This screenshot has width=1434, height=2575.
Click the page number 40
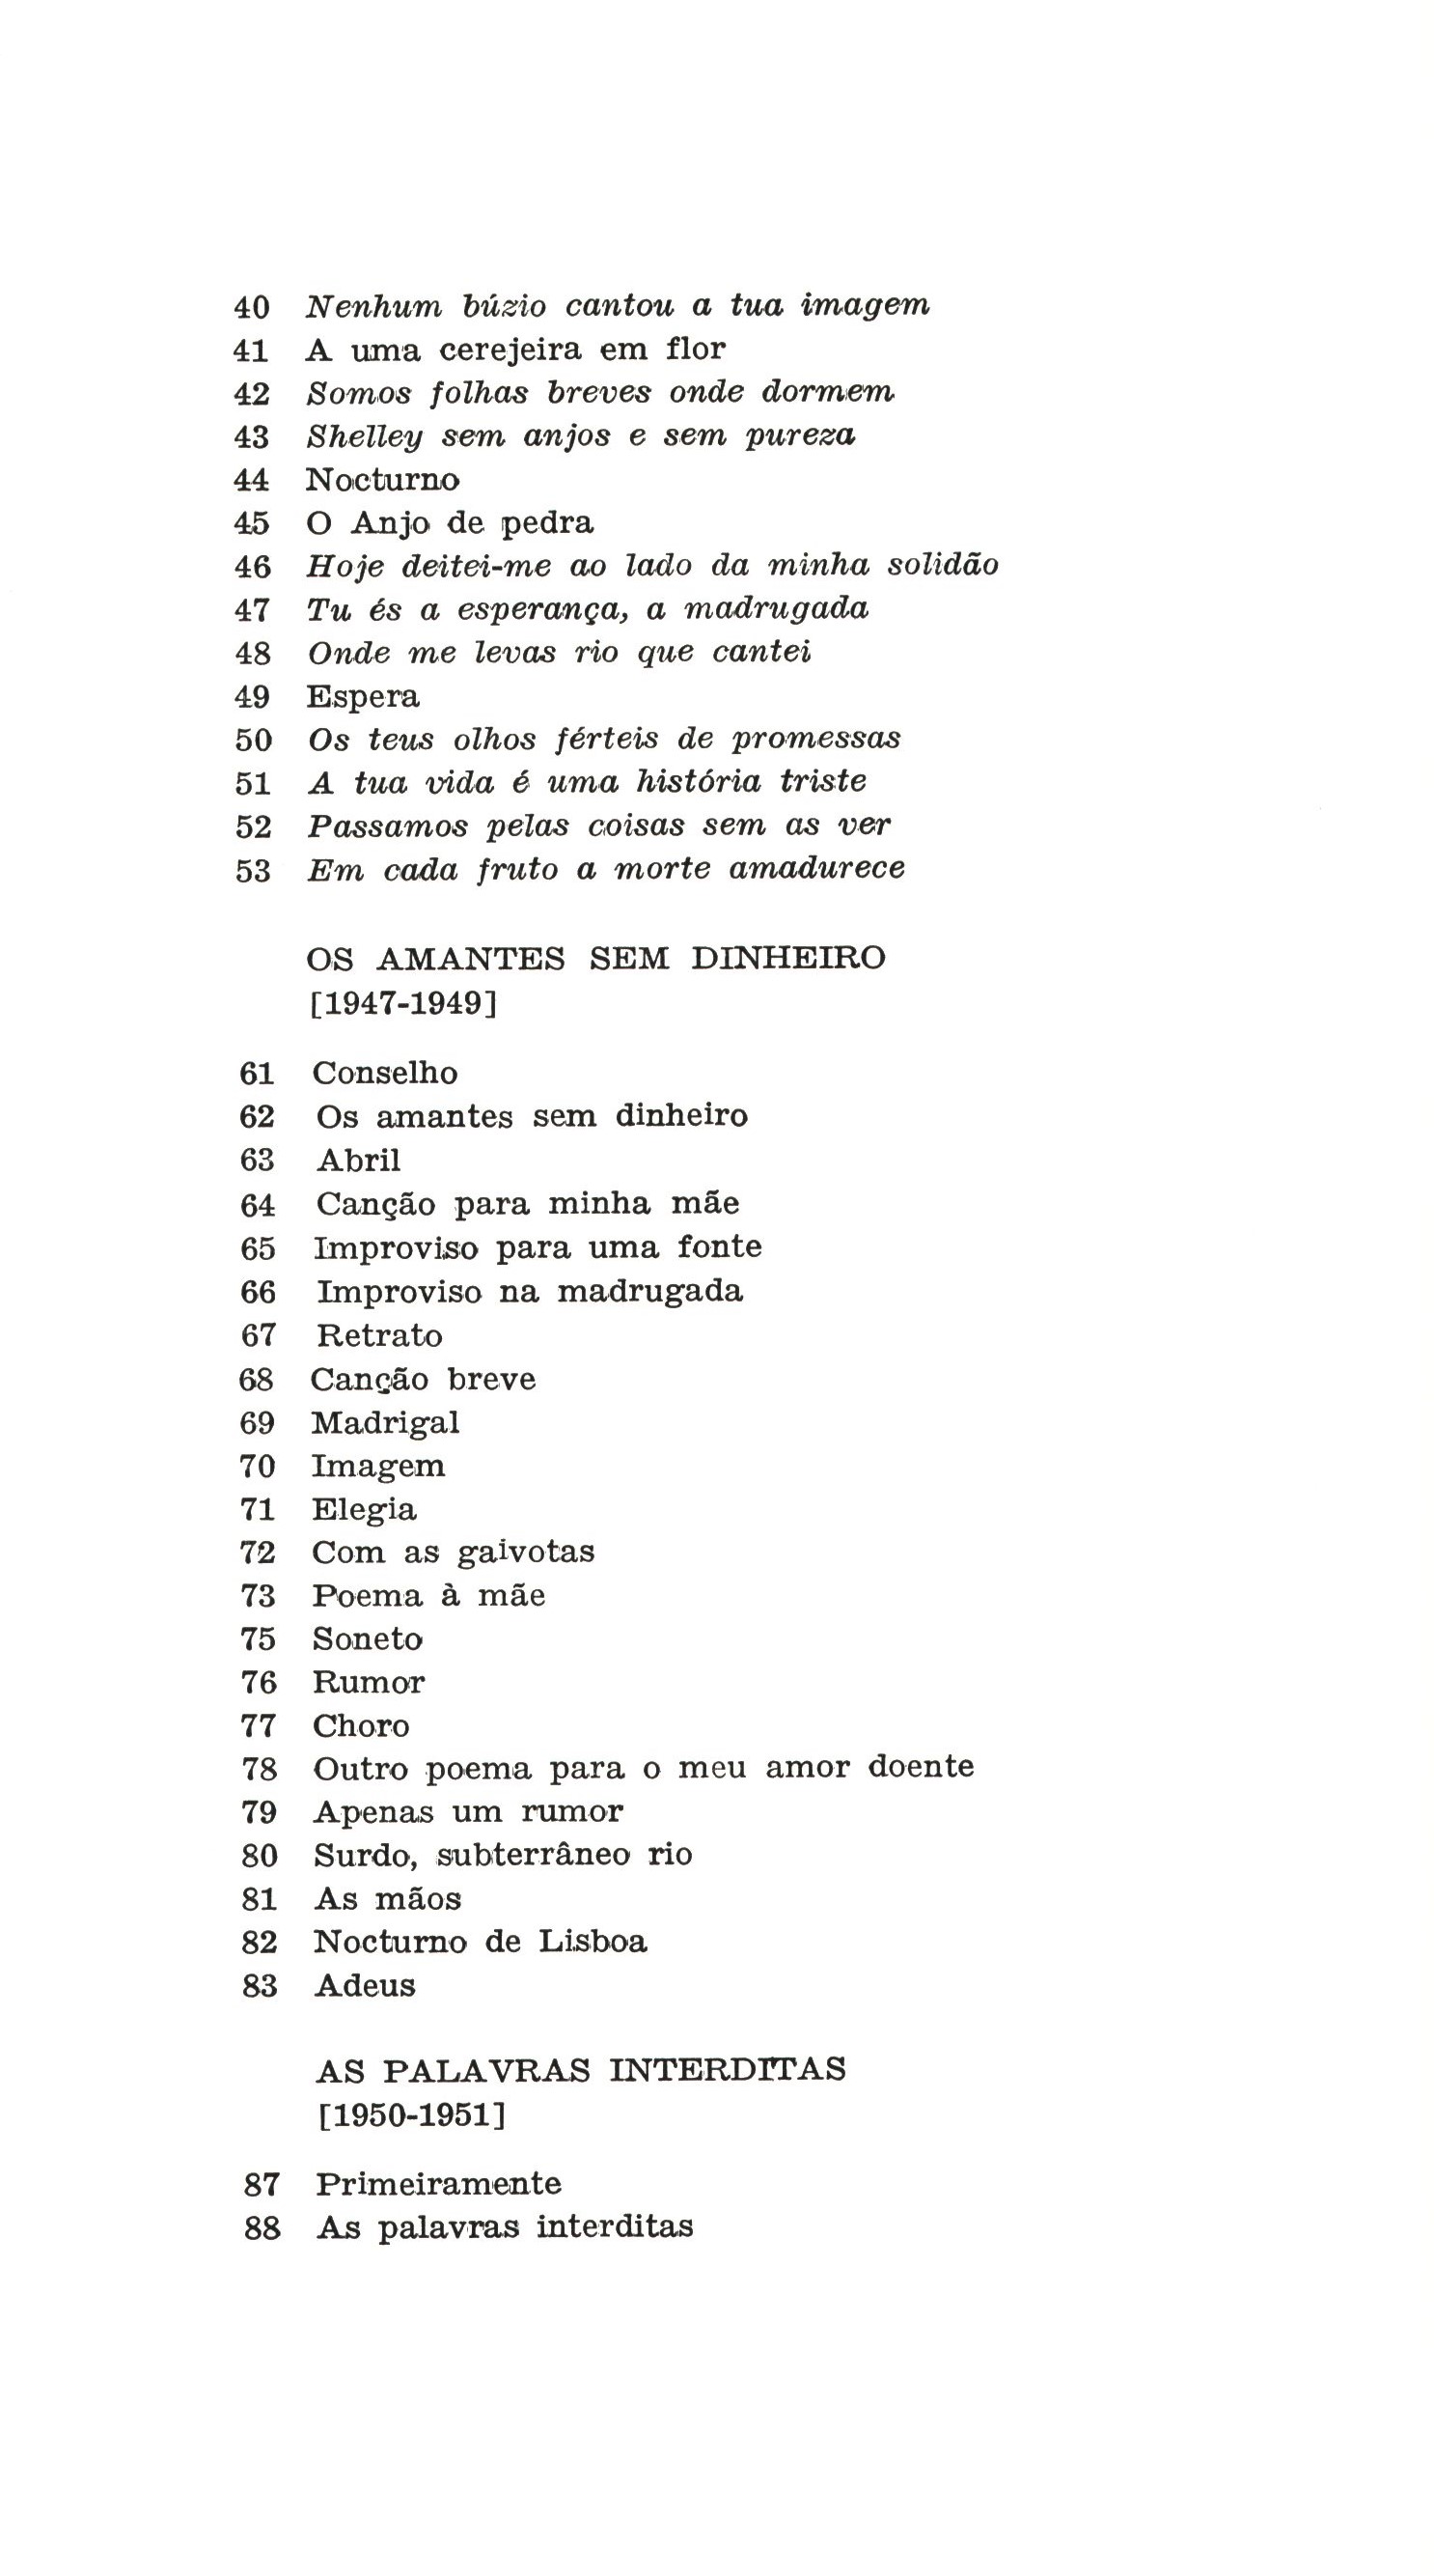point(251,307)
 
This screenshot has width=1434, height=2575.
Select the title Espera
point(362,697)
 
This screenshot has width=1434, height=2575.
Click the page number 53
point(253,871)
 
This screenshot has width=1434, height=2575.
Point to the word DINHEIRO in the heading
point(787,958)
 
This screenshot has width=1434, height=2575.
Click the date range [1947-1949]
point(402,1002)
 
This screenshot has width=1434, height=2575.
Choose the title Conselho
point(385,1073)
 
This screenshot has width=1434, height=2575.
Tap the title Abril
point(358,1160)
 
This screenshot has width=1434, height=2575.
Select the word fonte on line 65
point(719,1246)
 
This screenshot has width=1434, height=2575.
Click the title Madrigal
point(385,1422)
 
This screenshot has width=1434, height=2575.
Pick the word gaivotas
point(525,1552)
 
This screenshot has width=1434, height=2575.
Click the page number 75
point(258,1639)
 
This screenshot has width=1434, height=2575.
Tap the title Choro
point(361,1726)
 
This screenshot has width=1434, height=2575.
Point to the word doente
point(920,1766)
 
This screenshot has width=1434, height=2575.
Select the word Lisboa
point(593,1942)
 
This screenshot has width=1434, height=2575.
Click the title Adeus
point(364,1985)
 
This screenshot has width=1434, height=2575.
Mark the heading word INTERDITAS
point(727,2069)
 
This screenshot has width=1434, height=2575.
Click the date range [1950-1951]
point(412,2115)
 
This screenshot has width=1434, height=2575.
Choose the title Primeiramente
point(438,2184)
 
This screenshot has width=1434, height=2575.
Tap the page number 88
point(262,2228)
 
